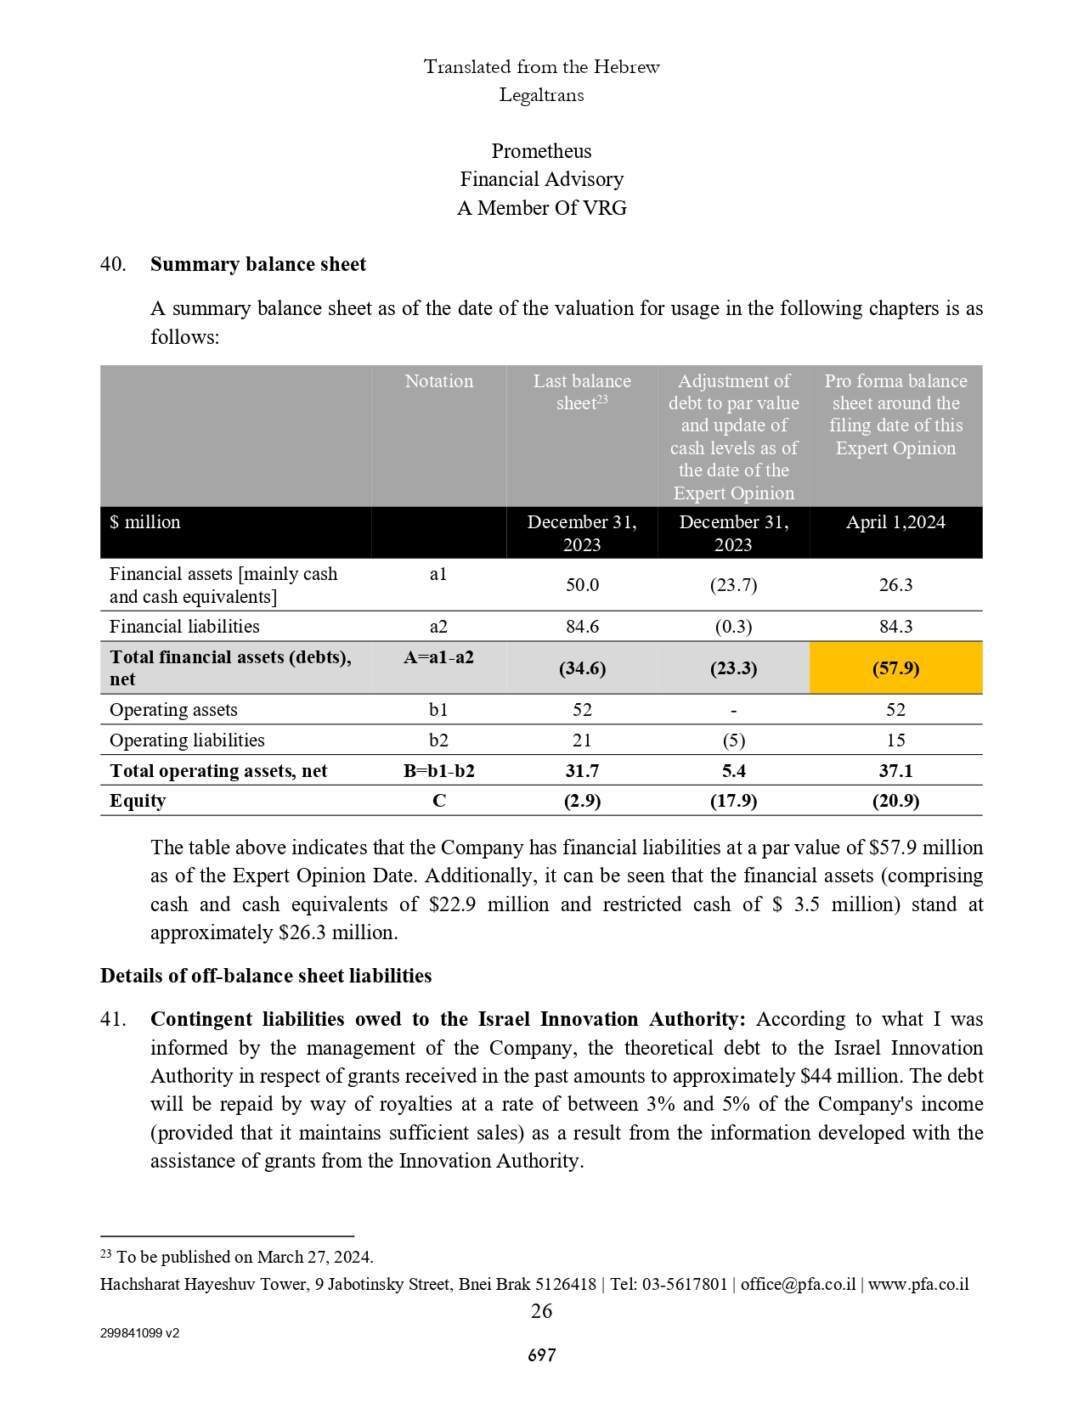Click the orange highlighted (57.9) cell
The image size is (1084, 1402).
click(x=895, y=668)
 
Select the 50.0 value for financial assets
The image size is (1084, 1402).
click(x=582, y=585)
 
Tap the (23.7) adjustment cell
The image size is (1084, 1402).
click(x=733, y=585)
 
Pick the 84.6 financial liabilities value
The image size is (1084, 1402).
click(x=582, y=627)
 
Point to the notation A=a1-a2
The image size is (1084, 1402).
click(x=438, y=657)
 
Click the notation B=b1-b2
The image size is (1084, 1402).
click(x=438, y=771)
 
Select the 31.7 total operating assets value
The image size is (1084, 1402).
click(x=582, y=771)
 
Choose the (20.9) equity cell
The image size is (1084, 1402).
click(x=895, y=801)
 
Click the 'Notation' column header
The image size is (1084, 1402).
click(x=438, y=381)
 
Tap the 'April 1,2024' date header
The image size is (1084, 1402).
click(x=895, y=522)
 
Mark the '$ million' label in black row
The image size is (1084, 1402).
click(x=145, y=522)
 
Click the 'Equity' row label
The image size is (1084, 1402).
click(x=138, y=801)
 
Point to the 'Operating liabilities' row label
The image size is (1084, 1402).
click(x=187, y=740)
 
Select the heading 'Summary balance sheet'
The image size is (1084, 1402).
click(x=258, y=265)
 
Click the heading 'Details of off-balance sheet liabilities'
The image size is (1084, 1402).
click(x=266, y=976)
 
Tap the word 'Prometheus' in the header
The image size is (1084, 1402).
click(x=541, y=151)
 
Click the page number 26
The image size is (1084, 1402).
click(x=541, y=1311)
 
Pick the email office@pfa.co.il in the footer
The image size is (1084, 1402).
click(x=798, y=1284)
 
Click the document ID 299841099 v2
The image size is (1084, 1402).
click(x=139, y=1333)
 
